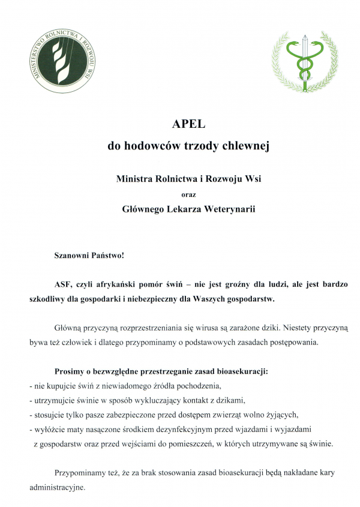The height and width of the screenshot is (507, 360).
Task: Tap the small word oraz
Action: coord(188,194)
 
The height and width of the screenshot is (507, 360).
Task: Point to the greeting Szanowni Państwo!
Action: coord(89,255)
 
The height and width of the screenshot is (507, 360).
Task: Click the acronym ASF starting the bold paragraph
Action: coord(62,283)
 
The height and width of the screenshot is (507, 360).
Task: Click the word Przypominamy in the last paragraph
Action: coord(80,472)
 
